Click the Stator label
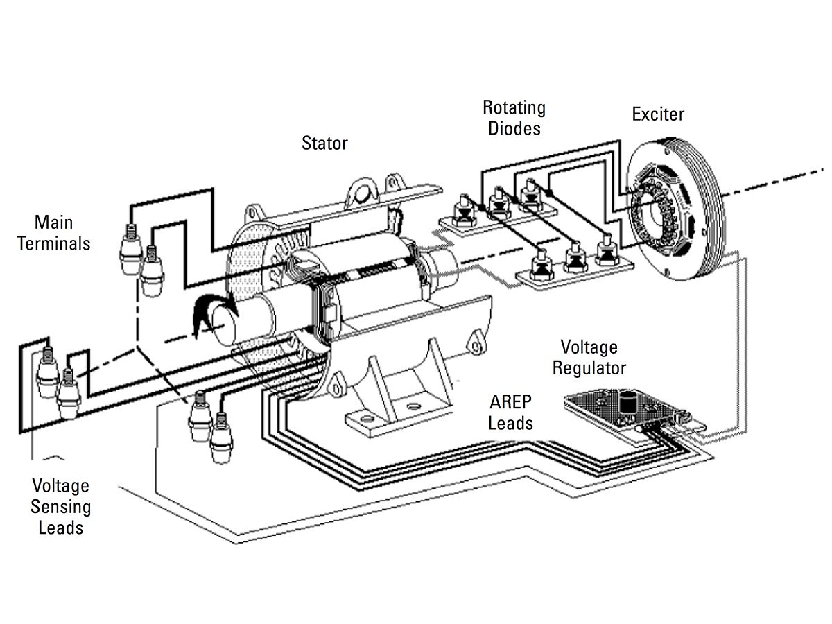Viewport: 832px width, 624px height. (x=324, y=144)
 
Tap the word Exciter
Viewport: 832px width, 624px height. (x=658, y=114)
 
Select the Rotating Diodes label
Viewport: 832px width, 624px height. (x=514, y=118)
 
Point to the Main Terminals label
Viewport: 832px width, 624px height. (x=54, y=233)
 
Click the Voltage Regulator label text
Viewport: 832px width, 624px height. (x=589, y=357)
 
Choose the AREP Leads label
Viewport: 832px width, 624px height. (x=511, y=413)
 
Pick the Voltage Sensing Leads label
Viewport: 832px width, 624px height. (x=61, y=507)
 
